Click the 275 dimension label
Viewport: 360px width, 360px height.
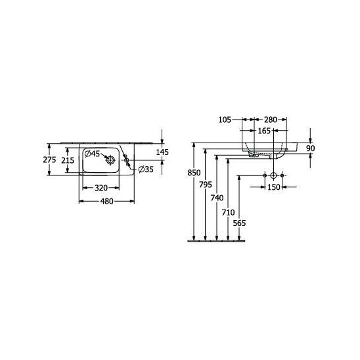(49, 160)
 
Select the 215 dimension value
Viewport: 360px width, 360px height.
(68, 160)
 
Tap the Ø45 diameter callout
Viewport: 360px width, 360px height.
(92, 154)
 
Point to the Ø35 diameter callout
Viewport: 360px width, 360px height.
(146, 169)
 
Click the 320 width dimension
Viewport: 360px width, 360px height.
(101, 188)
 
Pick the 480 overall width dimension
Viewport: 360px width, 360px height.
(107, 202)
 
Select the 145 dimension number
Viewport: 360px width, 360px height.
(162, 152)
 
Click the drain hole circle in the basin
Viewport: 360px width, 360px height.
(110, 160)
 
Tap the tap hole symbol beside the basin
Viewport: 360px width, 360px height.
(126, 160)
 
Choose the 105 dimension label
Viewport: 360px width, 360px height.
(225, 120)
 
